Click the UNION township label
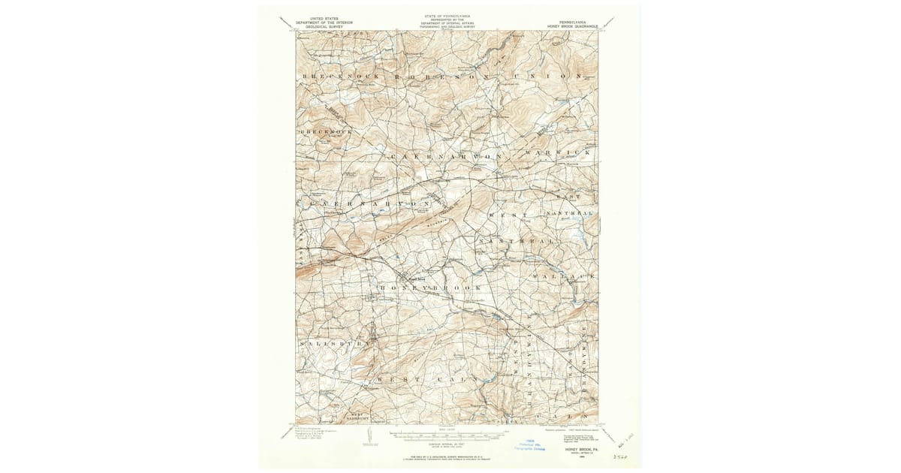[547, 77]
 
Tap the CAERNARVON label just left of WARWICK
[445, 156]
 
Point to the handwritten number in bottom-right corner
[620, 455]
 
